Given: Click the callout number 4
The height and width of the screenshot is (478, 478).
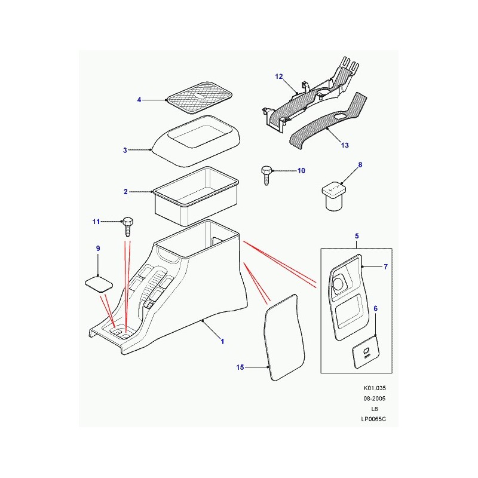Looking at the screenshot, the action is click(139, 100).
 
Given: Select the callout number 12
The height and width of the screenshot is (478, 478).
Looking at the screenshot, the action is click(279, 76).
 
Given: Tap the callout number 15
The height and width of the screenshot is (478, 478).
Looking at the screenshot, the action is click(240, 367).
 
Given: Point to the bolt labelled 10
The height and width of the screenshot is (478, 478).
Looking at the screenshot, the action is click(266, 175).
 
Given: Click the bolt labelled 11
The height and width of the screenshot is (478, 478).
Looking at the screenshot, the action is click(128, 227).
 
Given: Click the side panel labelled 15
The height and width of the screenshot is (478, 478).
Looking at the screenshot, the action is click(284, 338).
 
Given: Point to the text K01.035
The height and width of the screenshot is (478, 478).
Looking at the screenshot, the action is click(375, 388).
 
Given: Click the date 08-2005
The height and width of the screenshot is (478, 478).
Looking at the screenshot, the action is click(375, 399).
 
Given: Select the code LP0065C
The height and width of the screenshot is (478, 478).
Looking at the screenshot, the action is click(373, 419).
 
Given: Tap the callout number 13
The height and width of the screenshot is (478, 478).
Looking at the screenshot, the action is click(345, 145).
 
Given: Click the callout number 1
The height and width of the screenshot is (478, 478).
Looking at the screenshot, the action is click(222, 341).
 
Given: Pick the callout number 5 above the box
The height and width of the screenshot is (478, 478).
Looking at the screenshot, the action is click(357, 235).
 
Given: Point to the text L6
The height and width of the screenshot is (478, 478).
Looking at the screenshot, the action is click(375, 409).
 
